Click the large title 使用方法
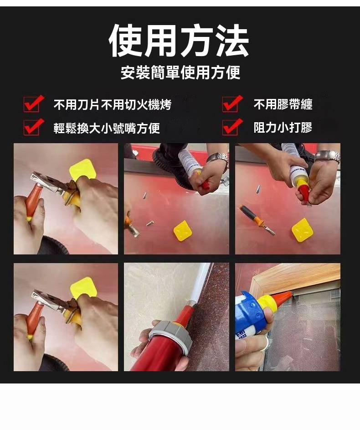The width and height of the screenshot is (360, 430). (x=179, y=41)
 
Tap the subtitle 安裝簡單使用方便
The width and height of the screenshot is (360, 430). (x=180, y=73)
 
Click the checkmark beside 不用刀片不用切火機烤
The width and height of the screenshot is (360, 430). (x=33, y=104)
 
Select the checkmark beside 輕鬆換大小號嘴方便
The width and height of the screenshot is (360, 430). (x=33, y=127)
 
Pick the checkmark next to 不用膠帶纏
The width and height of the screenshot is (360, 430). (x=232, y=104)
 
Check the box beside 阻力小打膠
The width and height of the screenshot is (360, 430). (x=232, y=127)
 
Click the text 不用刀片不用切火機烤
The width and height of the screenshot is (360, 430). (x=113, y=105)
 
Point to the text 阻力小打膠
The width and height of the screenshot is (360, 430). (x=283, y=128)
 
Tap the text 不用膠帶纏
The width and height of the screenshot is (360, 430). (x=283, y=104)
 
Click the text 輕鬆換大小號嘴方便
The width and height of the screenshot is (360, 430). (x=107, y=128)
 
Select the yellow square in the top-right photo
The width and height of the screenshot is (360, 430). (x=302, y=230)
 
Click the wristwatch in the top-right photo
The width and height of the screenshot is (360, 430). (x=328, y=156)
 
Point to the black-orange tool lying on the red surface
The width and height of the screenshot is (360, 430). (x=257, y=220)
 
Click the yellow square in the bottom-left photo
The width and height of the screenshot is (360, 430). (x=83, y=288)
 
